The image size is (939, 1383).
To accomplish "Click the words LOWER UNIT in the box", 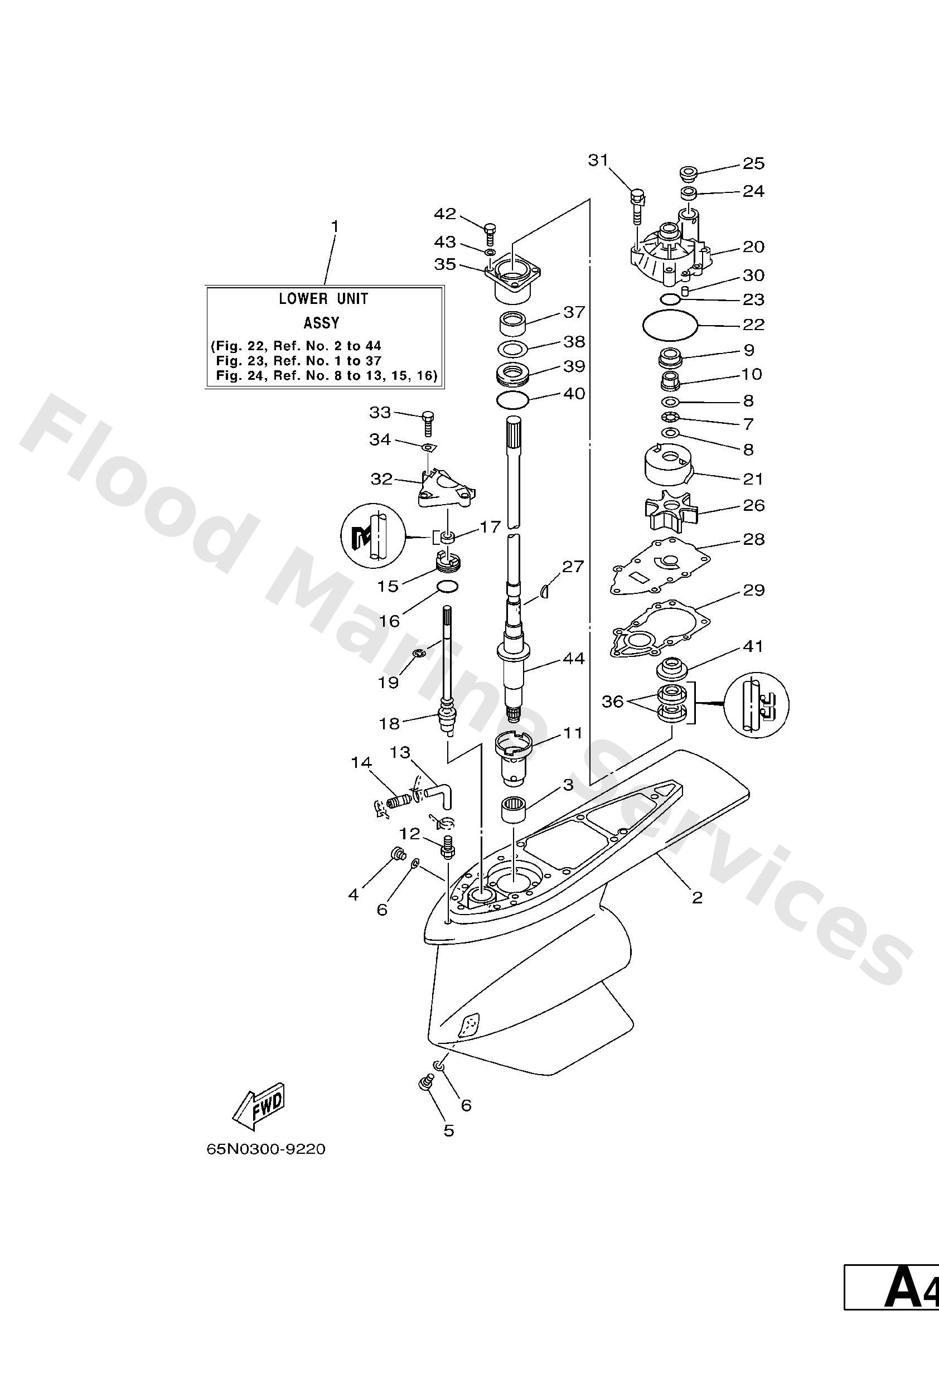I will click(324, 299).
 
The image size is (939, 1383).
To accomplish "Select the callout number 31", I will click(599, 160).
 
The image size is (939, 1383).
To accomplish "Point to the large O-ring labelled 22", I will click(670, 325).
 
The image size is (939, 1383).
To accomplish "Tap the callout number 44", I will click(574, 658).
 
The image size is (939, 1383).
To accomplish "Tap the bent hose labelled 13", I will click(439, 795).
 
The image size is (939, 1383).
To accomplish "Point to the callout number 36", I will click(612, 702).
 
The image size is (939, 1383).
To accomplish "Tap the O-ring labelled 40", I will click(512, 400).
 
